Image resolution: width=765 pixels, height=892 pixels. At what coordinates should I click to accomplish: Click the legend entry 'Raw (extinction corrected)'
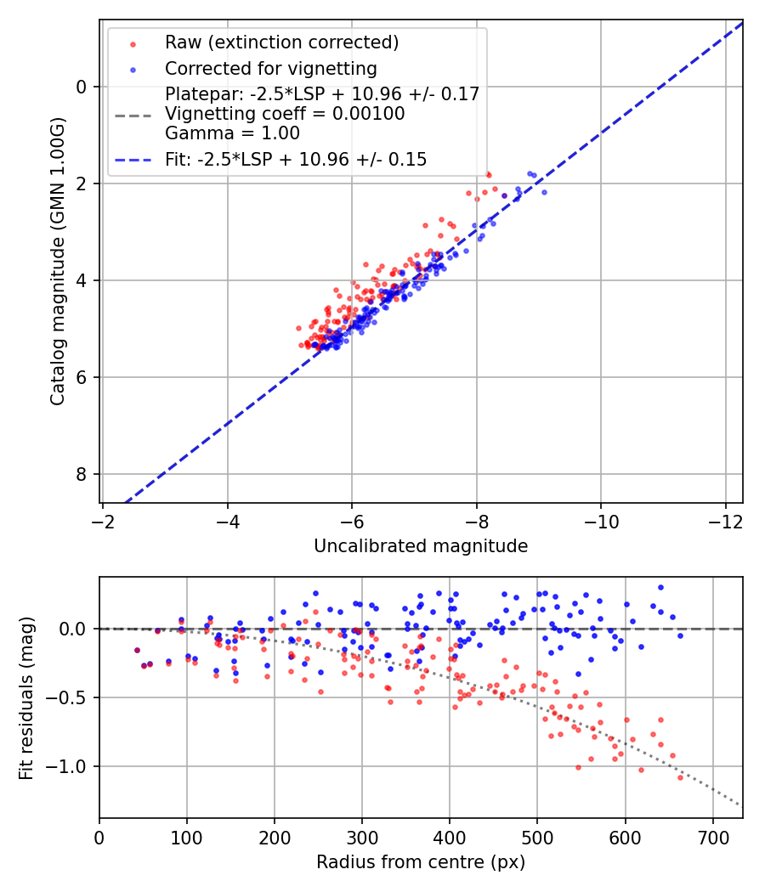281,42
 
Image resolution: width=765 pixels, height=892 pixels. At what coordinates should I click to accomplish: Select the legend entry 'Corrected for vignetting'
270,68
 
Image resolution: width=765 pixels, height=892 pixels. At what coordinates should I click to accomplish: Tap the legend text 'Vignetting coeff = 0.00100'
285,114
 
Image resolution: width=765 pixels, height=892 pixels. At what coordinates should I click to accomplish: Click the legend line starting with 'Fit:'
296,159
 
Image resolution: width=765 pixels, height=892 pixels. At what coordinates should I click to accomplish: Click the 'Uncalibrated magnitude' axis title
421,546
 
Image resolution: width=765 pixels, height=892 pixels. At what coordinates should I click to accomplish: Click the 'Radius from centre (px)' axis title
421,862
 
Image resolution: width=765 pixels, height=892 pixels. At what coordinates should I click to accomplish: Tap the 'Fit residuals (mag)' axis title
26,697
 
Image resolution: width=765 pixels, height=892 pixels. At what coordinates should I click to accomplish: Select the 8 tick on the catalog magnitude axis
82,474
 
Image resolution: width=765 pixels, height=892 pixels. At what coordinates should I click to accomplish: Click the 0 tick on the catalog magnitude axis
82,87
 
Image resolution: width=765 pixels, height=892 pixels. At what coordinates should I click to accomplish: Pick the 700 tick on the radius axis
712,837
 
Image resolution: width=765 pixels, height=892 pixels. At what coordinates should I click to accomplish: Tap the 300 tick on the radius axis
362,837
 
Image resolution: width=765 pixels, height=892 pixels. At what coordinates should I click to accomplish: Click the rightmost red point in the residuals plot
680,777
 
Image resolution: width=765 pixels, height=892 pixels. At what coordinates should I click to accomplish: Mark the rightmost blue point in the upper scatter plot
544,192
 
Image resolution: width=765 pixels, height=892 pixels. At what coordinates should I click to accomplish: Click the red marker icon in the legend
133,42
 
